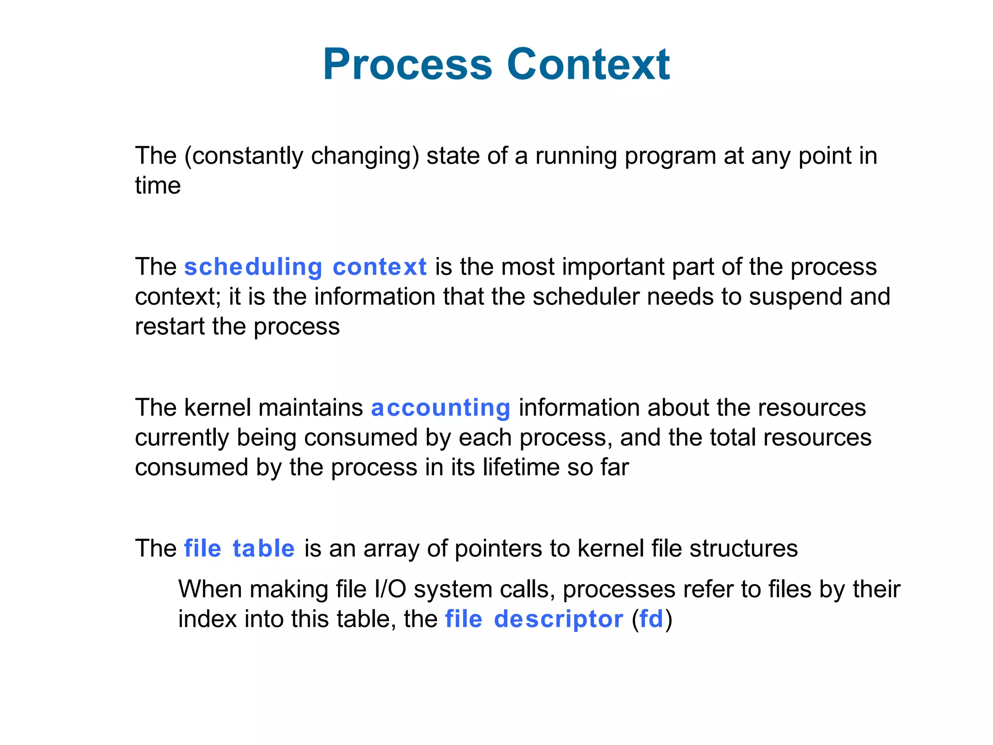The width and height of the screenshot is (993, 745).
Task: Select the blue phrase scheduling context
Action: (305, 267)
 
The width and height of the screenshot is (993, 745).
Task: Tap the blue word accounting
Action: (440, 408)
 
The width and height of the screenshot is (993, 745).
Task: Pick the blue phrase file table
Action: (239, 549)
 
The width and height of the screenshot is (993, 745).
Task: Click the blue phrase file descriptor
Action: (534, 619)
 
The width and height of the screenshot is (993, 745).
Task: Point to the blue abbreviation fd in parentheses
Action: (651, 619)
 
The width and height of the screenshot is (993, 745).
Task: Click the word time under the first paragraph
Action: (158, 186)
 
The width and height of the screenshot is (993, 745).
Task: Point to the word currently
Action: (182, 438)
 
